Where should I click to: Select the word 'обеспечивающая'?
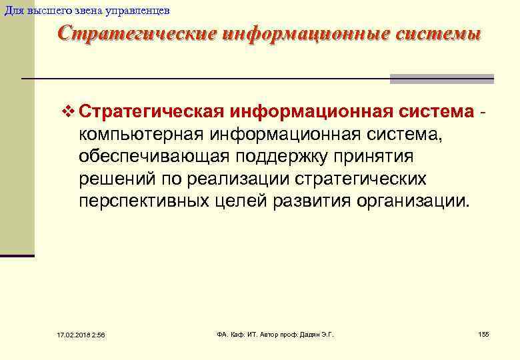(x=154, y=157)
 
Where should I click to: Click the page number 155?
(x=484, y=333)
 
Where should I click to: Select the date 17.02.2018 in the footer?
(x=65, y=334)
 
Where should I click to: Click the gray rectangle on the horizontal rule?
(x=441, y=79)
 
